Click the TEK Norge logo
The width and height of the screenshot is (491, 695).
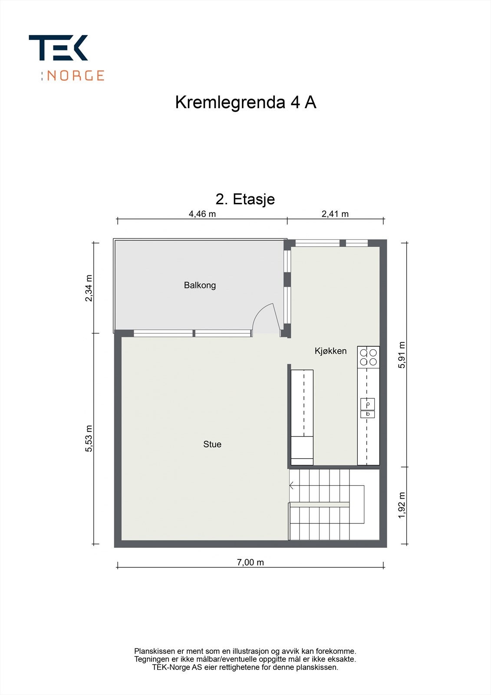(x=66, y=57)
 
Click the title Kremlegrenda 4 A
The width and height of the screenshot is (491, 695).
(x=245, y=103)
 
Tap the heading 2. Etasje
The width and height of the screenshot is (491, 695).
(x=245, y=199)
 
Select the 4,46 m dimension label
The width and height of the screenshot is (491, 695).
(x=202, y=214)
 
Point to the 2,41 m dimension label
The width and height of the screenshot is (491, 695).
(x=335, y=214)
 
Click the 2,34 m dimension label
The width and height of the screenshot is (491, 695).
(x=89, y=288)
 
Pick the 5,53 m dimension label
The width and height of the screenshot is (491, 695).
(x=89, y=438)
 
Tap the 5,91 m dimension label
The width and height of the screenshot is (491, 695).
(x=402, y=355)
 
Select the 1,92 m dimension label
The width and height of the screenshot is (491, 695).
(x=402, y=505)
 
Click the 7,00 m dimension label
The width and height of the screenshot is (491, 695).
(x=250, y=562)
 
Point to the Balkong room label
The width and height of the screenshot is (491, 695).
(x=200, y=285)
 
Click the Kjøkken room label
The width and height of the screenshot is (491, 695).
(x=331, y=351)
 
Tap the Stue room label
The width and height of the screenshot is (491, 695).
(x=212, y=444)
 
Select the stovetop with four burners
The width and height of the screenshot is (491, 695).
(x=368, y=357)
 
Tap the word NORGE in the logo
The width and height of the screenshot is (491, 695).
(x=76, y=76)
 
